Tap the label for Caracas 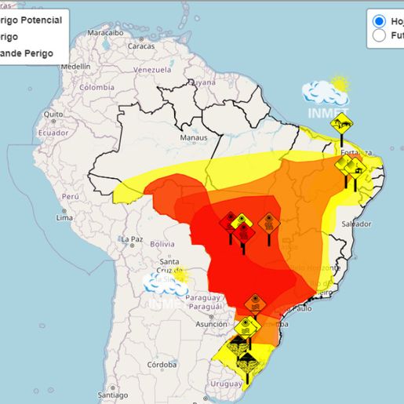point(141,45)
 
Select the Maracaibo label point(105,33)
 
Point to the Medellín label point(75,67)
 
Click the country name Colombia point(96,87)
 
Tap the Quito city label point(53,115)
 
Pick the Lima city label point(64,217)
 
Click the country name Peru point(71,196)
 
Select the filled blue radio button point(379,20)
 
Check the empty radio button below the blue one point(379,35)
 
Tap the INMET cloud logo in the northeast point(326,95)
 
